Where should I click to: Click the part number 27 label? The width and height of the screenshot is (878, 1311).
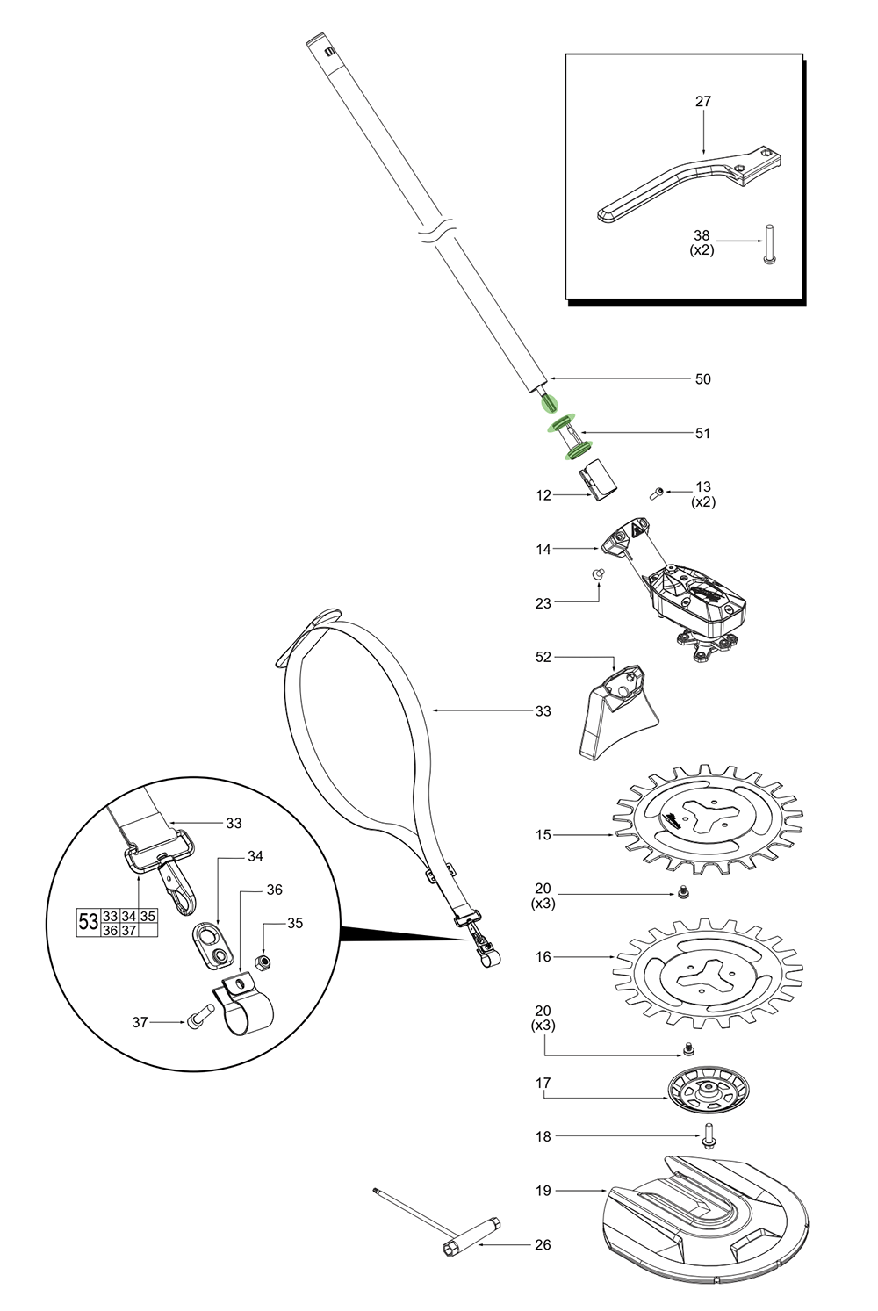click(x=703, y=102)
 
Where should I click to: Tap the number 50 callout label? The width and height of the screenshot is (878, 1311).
click(x=703, y=379)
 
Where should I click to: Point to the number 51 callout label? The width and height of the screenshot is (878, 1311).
click(x=703, y=433)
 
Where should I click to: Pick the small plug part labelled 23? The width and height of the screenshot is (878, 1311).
click(x=600, y=573)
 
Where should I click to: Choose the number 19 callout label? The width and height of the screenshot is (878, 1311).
click(x=543, y=1191)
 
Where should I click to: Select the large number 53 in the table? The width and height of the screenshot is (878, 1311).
click(x=89, y=922)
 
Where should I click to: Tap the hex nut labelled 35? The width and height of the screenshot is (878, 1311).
click(x=261, y=963)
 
